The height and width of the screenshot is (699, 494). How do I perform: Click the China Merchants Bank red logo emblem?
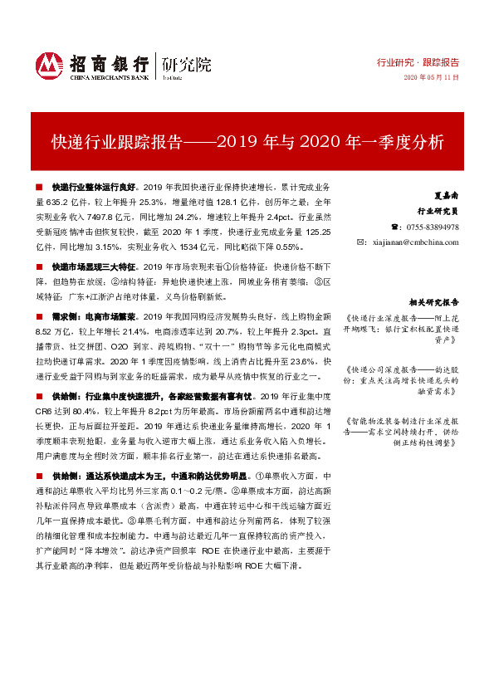pyautogui.click(x=49, y=64)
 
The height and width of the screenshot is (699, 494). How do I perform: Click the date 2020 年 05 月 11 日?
pyautogui.click(x=431, y=77)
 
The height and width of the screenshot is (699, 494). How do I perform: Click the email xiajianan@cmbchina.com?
pyautogui.click(x=417, y=242)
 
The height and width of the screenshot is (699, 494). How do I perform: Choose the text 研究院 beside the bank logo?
pyautogui.click(x=187, y=63)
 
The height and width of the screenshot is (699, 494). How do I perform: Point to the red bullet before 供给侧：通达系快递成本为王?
pyautogui.click(x=40, y=477)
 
